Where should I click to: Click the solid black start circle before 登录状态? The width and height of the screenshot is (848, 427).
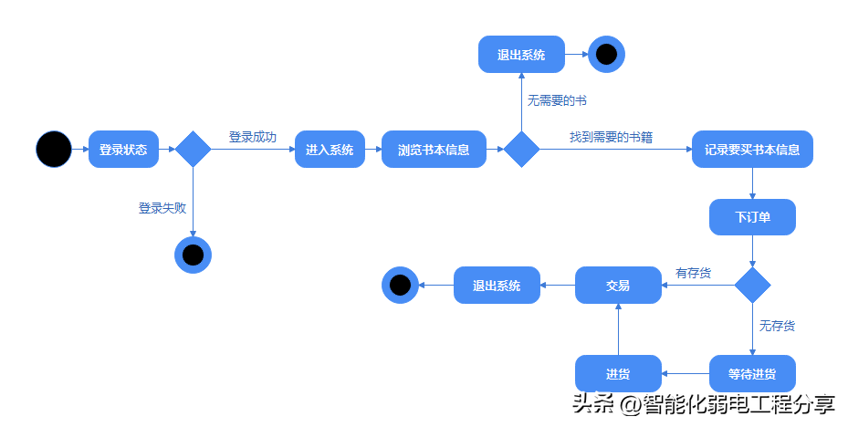coord(54,149)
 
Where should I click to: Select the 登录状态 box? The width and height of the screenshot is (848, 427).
coord(123,150)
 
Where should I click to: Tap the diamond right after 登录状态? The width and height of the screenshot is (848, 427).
coord(194,149)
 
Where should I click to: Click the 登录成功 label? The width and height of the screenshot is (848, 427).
coord(253,137)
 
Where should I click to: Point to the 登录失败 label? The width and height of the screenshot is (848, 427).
coord(162,208)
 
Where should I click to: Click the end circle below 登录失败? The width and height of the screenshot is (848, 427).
coord(194,255)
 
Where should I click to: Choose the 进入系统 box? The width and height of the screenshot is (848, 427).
coord(330,150)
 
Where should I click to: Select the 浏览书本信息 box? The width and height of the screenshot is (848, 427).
coord(434,150)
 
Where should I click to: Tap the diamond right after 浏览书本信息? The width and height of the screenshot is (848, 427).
coord(521,149)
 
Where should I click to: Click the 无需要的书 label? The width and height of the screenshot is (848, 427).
coord(557,100)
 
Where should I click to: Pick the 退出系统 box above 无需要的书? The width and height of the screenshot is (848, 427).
coord(521,54)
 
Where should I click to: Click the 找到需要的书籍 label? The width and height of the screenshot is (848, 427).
coord(611,137)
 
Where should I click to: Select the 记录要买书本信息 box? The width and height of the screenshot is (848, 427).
coord(752,150)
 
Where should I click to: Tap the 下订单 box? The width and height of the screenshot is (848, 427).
coord(752,217)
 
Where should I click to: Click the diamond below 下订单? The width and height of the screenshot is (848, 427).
coord(752,285)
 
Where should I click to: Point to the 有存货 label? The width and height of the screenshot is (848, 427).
coord(694,273)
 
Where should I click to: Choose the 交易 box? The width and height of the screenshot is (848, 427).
coord(618,285)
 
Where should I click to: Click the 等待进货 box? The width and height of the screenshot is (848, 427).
coord(752,373)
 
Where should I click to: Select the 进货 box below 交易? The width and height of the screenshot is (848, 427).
coord(618,373)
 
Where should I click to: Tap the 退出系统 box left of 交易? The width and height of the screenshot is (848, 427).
coord(497,285)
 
